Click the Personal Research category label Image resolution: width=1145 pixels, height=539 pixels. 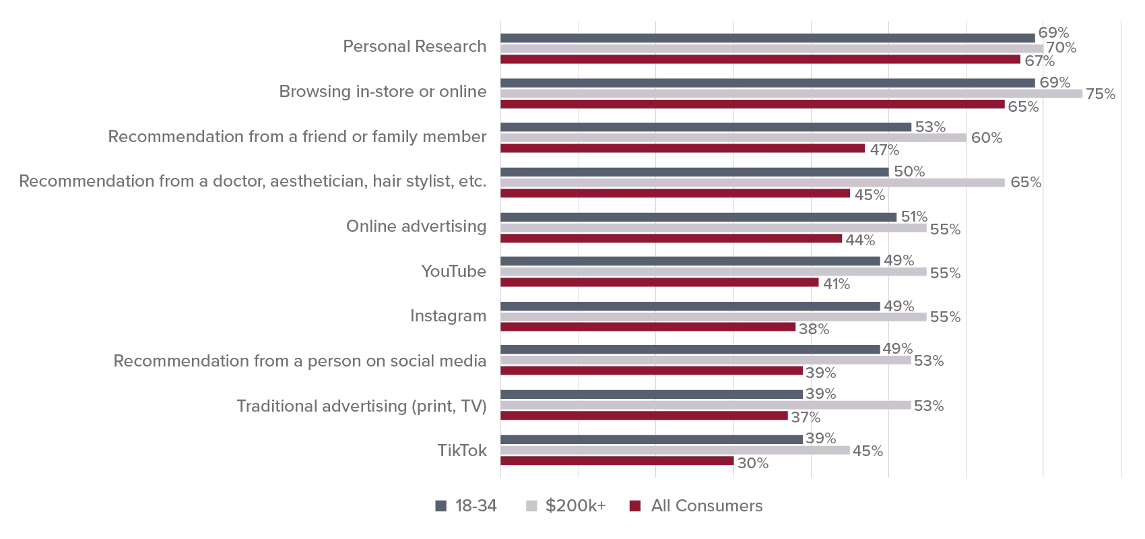pyautogui.click(x=414, y=46)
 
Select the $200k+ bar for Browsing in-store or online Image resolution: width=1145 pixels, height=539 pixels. pyautogui.click(x=791, y=94)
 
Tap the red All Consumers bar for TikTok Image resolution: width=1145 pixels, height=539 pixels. pyautogui.click(x=616, y=462)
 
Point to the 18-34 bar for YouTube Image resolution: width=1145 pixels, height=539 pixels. pyautogui.click(x=690, y=261)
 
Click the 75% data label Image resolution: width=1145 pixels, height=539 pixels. pyautogui.click(x=1101, y=94)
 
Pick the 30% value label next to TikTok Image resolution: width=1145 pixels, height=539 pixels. pyautogui.click(x=753, y=464)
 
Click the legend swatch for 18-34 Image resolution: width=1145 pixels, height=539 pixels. pyautogui.click(x=441, y=506)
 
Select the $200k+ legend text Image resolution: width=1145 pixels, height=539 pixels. pyautogui.click(x=576, y=506)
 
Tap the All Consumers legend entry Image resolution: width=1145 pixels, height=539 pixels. pyautogui.click(x=707, y=506)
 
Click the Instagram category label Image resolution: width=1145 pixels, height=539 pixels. pyautogui.click(x=448, y=316)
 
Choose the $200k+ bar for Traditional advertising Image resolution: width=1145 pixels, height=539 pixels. pyautogui.click(x=705, y=406)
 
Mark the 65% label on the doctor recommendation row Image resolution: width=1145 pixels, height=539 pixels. pyautogui.click(x=1025, y=183)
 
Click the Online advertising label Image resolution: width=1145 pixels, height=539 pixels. pyautogui.click(x=416, y=226)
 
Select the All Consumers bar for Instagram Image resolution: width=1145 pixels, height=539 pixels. pyautogui.click(x=648, y=327)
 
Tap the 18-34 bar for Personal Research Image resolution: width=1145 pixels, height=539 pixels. pyautogui.click(x=767, y=38)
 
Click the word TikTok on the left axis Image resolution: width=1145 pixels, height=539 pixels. pyautogui.click(x=461, y=451)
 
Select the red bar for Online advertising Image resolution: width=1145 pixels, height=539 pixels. pyautogui.click(x=671, y=239)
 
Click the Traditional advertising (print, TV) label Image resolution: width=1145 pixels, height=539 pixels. pyautogui.click(x=361, y=406)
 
